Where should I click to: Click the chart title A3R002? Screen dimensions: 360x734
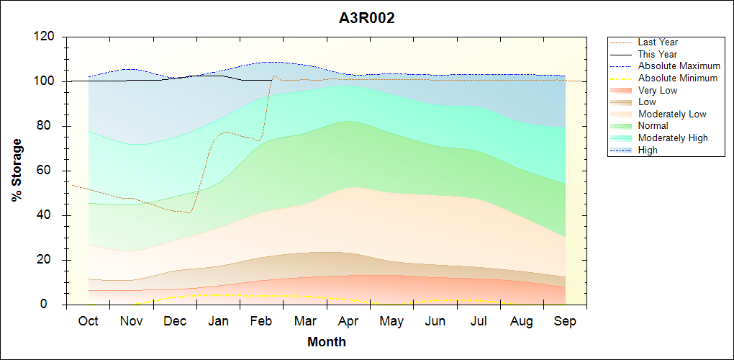click(367, 19)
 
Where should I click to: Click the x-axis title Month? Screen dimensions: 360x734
click(327, 342)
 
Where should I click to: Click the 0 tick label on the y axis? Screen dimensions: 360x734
click(53, 305)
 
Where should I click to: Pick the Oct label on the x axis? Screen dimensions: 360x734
click(88, 321)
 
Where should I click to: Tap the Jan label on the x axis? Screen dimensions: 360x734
click(218, 321)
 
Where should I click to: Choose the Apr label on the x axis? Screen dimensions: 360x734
click(348, 321)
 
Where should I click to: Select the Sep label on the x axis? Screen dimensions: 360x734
click(565, 321)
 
